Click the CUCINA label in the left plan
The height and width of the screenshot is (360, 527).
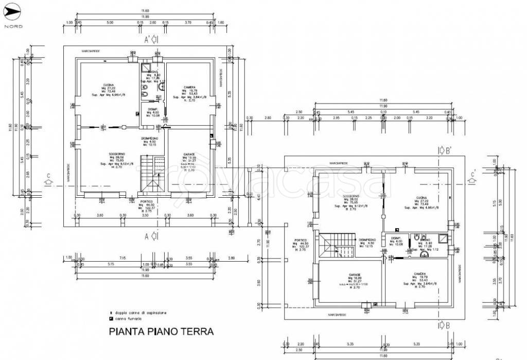pos(108,85)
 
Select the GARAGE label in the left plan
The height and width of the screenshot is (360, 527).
pos(188,155)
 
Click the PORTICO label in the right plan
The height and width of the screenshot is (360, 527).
pos(302,240)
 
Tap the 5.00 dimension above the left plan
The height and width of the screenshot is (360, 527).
pos(110,23)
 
